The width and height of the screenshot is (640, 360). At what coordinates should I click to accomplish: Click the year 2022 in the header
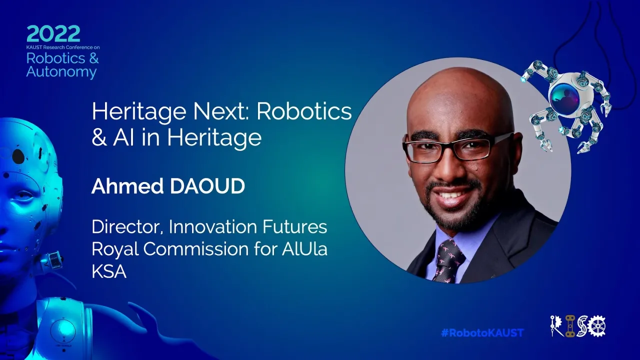[53, 33]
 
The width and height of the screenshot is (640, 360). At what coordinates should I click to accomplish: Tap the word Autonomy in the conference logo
[61, 72]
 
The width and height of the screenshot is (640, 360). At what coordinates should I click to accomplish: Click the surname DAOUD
[207, 186]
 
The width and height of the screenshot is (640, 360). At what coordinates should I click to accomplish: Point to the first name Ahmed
[127, 186]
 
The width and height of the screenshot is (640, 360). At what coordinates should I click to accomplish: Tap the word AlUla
[304, 249]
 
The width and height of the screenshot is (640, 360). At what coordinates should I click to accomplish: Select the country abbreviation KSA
[109, 271]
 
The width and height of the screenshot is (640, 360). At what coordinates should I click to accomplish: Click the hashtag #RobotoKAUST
[482, 333]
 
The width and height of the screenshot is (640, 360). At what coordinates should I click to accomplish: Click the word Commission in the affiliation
[196, 249]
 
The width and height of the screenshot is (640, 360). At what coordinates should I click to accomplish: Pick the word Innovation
[213, 226]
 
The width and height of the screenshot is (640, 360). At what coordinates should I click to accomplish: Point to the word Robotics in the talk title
[304, 111]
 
